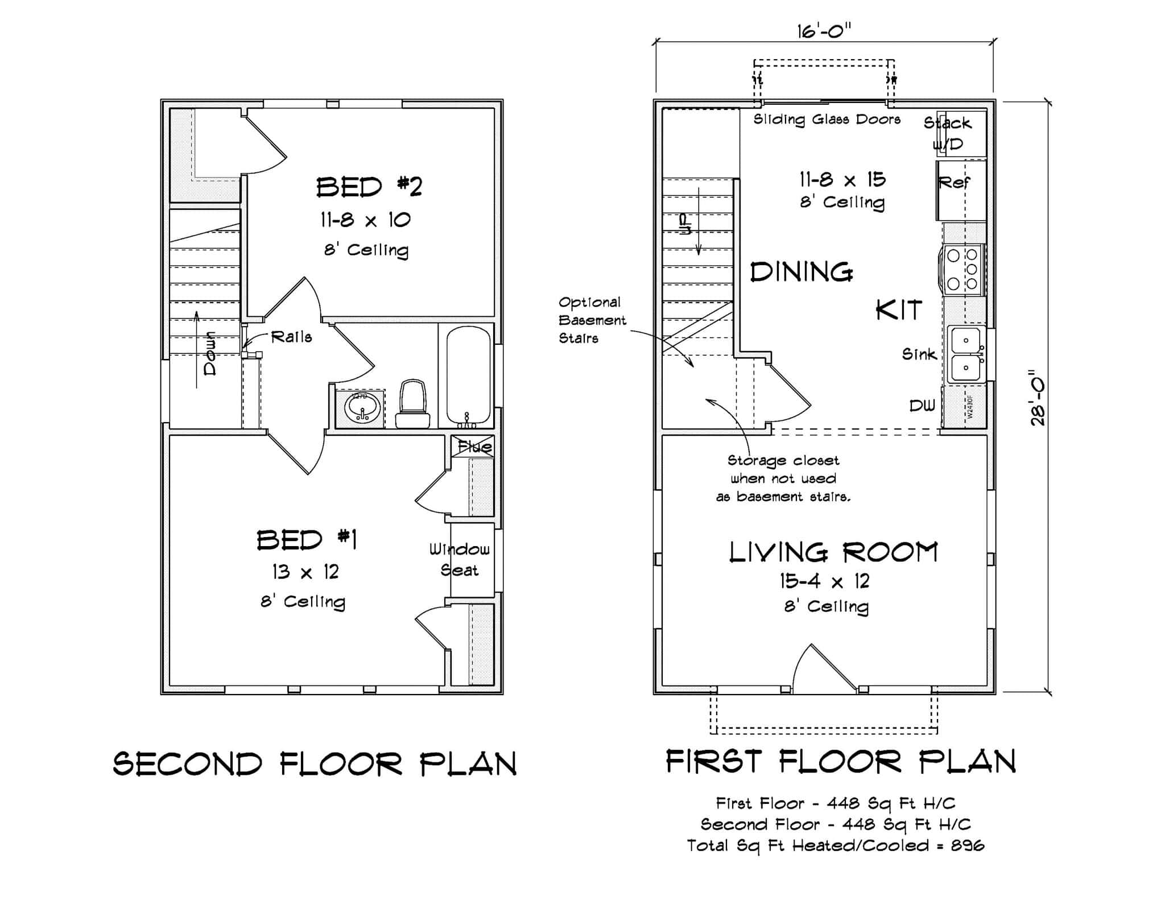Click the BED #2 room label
pos(369,187)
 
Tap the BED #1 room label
pos(307,539)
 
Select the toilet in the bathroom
pos(413,404)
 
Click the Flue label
pos(474,447)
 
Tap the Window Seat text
pos(459,559)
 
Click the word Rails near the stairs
pos(291,337)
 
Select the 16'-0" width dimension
pos(824,31)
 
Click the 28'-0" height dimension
pos(1038,398)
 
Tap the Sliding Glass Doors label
pos(827,119)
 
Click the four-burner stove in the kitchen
pos(964,269)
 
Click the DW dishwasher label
pos(922,406)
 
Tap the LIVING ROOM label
pos(833,552)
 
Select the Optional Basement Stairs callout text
pos(591,320)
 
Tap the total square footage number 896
pos(967,845)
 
